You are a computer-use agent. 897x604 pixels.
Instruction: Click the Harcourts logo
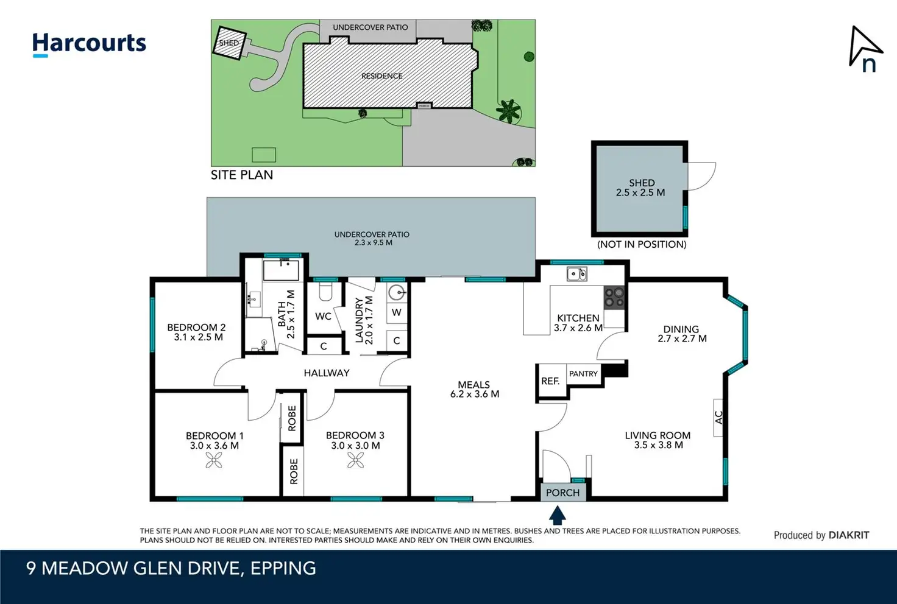tap(89, 44)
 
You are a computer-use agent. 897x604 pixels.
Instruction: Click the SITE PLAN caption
tap(242, 175)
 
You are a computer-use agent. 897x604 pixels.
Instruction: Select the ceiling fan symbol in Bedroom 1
tap(214, 460)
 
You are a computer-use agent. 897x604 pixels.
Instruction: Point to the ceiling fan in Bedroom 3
tap(356, 460)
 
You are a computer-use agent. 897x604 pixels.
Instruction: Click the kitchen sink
tap(577, 274)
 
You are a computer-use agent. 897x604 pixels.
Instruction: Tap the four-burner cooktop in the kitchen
tap(614, 298)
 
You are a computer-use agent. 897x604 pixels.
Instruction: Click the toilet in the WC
tap(325, 292)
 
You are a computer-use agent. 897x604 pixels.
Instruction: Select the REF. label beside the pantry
tap(551, 381)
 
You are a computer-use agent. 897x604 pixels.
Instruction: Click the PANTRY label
tap(583, 374)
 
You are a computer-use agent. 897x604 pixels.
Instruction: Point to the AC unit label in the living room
tap(719, 418)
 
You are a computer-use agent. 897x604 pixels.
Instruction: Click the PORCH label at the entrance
tap(562, 493)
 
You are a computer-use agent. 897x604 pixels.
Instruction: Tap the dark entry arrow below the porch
tap(558, 515)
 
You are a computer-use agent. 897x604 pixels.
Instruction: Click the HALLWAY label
tap(327, 373)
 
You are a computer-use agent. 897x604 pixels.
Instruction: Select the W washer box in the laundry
tap(397, 312)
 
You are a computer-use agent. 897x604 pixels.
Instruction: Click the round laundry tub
tap(396, 292)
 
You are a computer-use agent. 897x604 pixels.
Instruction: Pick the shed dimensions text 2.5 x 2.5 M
tap(640, 193)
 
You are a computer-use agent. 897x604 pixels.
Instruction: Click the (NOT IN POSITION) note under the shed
tap(642, 244)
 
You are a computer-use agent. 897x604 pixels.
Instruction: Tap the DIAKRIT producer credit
tap(849, 535)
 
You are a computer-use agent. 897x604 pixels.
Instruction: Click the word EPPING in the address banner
tap(283, 569)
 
